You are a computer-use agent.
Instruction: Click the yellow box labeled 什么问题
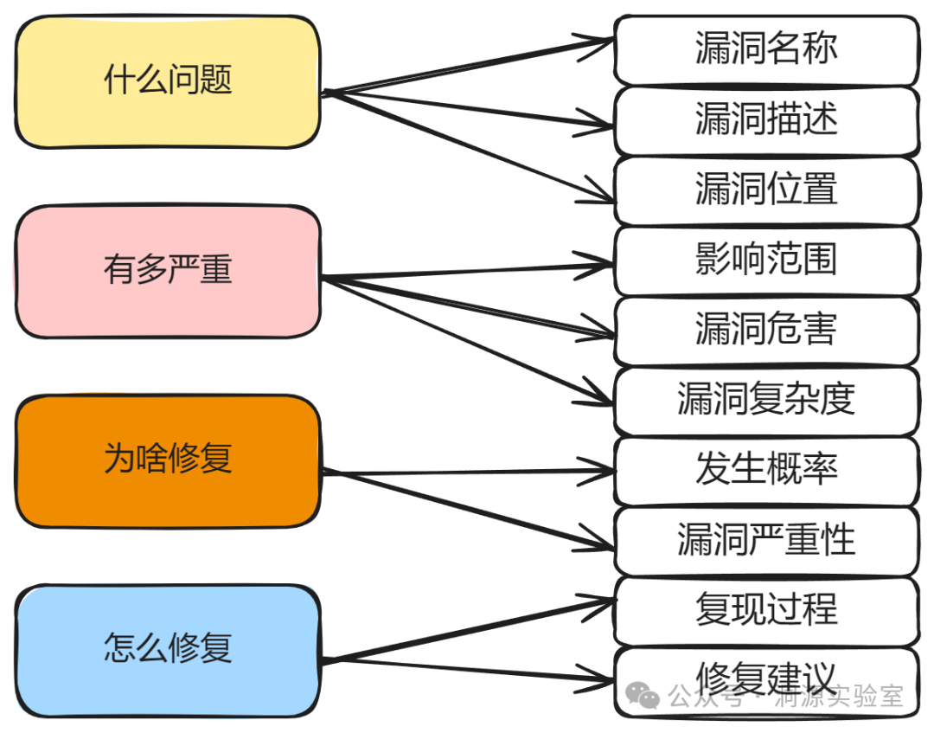click(168, 81)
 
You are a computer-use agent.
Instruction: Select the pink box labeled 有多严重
click(168, 271)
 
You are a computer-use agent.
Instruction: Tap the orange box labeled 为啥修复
click(168, 460)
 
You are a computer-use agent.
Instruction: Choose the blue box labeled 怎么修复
click(168, 649)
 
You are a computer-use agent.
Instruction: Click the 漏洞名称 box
click(766, 49)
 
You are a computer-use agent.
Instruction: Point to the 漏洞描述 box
click(766, 119)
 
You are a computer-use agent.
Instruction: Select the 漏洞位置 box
click(766, 190)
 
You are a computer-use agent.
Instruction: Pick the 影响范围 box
click(766, 260)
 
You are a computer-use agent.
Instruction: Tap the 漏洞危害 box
click(766, 330)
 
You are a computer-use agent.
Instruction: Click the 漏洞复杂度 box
click(766, 400)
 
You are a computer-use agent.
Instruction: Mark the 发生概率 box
click(766, 470)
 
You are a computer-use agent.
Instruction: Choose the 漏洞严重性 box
click(766, 540)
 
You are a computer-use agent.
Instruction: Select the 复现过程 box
click(766, 610)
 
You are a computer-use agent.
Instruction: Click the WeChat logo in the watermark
click(643, 694)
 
